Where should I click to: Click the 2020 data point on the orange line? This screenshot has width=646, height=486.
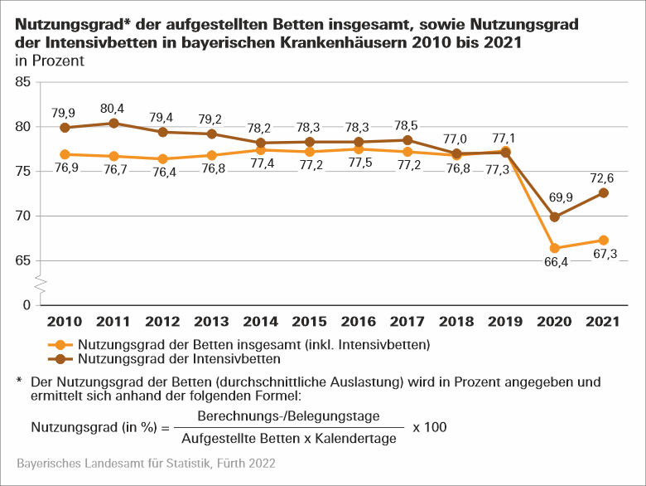point(555,248)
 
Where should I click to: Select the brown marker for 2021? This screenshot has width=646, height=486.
point(604,192)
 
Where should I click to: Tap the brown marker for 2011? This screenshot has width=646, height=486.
point(113,124)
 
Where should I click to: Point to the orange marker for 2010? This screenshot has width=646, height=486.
point(65,154)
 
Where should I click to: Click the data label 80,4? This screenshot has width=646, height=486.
point(113,108)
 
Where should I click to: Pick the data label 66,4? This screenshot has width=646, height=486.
point(555,265)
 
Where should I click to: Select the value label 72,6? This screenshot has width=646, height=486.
point(604,177)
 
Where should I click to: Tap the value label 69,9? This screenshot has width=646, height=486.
point(555,201)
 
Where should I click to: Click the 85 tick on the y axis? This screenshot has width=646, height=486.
point(22,82)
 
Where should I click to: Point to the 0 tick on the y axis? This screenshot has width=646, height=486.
point(27,305)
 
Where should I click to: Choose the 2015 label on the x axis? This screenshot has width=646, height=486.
point(309,321)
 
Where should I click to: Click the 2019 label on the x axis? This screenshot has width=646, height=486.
point(505,321)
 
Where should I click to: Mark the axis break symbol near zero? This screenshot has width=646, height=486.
point(39,284)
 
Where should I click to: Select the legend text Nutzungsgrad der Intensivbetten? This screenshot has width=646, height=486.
point(180,360)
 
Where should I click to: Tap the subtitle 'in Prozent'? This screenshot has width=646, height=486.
point(49,61)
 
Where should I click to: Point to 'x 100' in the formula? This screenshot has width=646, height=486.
point(429,427)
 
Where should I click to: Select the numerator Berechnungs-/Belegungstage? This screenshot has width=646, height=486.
point(289,416)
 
